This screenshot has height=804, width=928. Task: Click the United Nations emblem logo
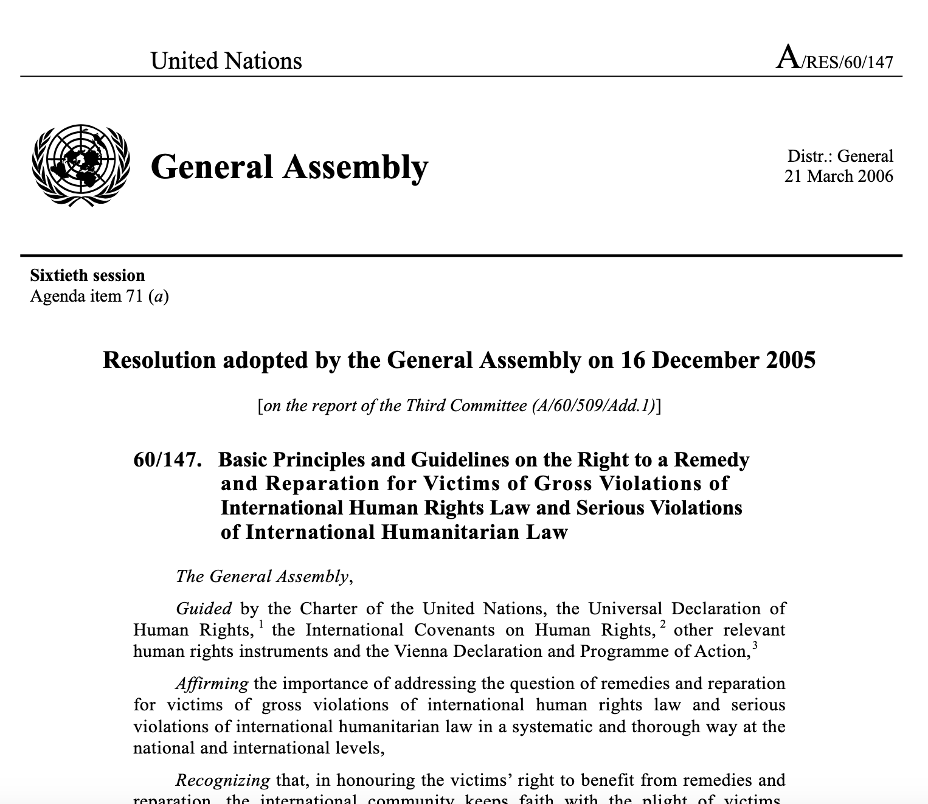tap(81, 165)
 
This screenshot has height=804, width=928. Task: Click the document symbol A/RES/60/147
tap(835, 60)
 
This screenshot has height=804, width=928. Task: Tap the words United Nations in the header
tap(226, 61)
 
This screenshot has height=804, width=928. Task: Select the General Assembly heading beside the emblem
tap(289, 167)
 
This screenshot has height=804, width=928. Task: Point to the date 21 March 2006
tap(839, 176)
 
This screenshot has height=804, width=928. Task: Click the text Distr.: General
tap(840, 156)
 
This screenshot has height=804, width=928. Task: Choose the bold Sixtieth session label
tap(88, 276)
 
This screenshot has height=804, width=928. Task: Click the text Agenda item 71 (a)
tap(99, 296)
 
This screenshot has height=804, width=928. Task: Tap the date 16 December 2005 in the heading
tap(718, 360)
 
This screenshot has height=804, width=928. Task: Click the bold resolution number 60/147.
tap(167, 460)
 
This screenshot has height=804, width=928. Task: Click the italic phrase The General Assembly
tap(263, 577)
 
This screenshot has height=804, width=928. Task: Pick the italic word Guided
tap(204, 609)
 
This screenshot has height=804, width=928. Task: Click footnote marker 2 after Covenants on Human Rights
tap(663, 624)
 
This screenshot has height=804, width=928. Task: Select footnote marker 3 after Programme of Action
tap(755, 645)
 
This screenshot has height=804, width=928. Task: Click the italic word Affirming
tap(212, 684)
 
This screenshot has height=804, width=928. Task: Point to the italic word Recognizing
tap(223, 780)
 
